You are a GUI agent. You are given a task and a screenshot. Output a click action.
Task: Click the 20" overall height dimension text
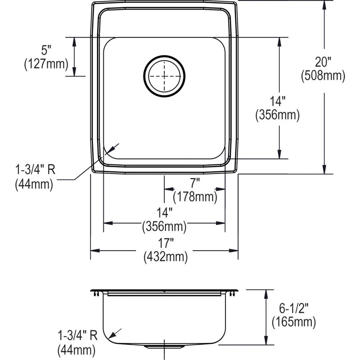click(x=323, y=62)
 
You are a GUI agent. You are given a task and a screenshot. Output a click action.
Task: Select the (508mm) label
click(x=323, y=75)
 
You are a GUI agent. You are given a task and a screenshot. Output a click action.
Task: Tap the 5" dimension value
click(x=46, y=50)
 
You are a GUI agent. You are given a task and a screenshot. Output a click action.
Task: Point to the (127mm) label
click(x=46, y=64)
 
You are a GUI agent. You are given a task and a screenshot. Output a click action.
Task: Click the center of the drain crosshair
click(x=164, y=76)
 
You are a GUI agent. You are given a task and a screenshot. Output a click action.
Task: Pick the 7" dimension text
click(x=195, y=184)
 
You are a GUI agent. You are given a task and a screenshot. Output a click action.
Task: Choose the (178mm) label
click(x=195, y=197)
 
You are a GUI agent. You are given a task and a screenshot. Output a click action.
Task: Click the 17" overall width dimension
click(x=165, y=243)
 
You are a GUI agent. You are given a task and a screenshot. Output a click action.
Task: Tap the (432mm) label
click(x=166, y=256)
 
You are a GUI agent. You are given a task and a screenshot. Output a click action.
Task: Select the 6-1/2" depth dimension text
click(x=293, y=308)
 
